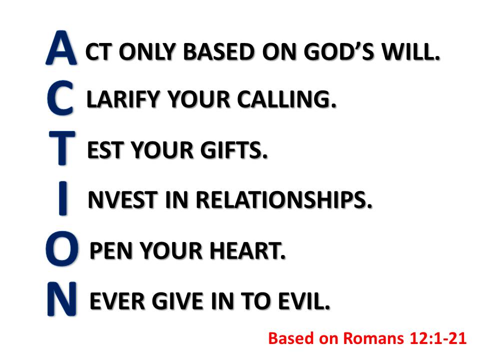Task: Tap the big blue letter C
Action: pos(60,97)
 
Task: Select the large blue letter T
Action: pos(62,148)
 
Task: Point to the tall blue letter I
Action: pos(62,198)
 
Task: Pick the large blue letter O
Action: pos(62,248)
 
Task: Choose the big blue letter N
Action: pos(62,299)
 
